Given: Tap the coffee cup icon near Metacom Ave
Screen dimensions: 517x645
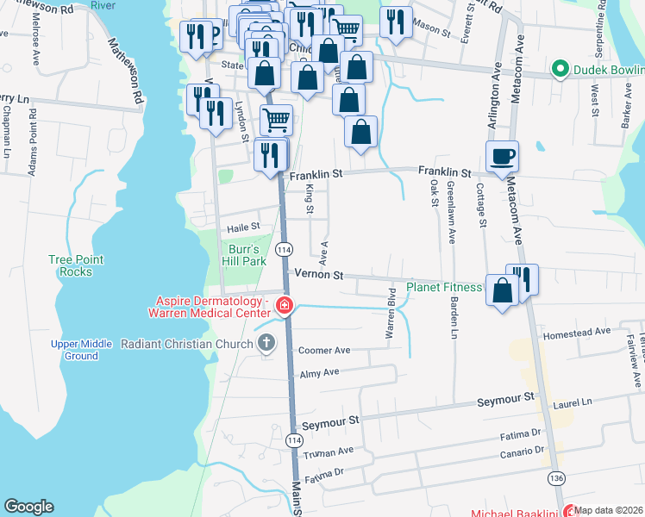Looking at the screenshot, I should pyautogui.click(x=502, y=157).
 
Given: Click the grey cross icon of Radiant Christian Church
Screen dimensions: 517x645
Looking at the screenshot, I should pyautogui.click(x=267, y=344).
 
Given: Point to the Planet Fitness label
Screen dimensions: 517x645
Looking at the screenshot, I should pyautogui.click(x=445, y=287).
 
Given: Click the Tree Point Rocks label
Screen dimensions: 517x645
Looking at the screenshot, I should pyautogui.click(x=76, y=265).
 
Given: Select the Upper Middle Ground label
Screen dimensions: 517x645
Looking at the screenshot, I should pyautogui.click(x=81, y=350).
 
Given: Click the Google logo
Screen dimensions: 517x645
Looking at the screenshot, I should pyautogui.click(x=28, y=507).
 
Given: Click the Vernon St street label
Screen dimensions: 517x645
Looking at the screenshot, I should pyautogui.click(x=319, y=276).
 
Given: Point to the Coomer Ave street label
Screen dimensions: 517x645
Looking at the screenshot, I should pyautogui.click(x=323, y=351).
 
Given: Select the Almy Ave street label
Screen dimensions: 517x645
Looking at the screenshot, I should pyautogui.click(x=319, y=372).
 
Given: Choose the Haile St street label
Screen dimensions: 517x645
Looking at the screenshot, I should pyautogui.click(x=244, y=227).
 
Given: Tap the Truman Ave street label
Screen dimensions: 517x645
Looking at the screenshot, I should pyautogui.click(x=333, y=452).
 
